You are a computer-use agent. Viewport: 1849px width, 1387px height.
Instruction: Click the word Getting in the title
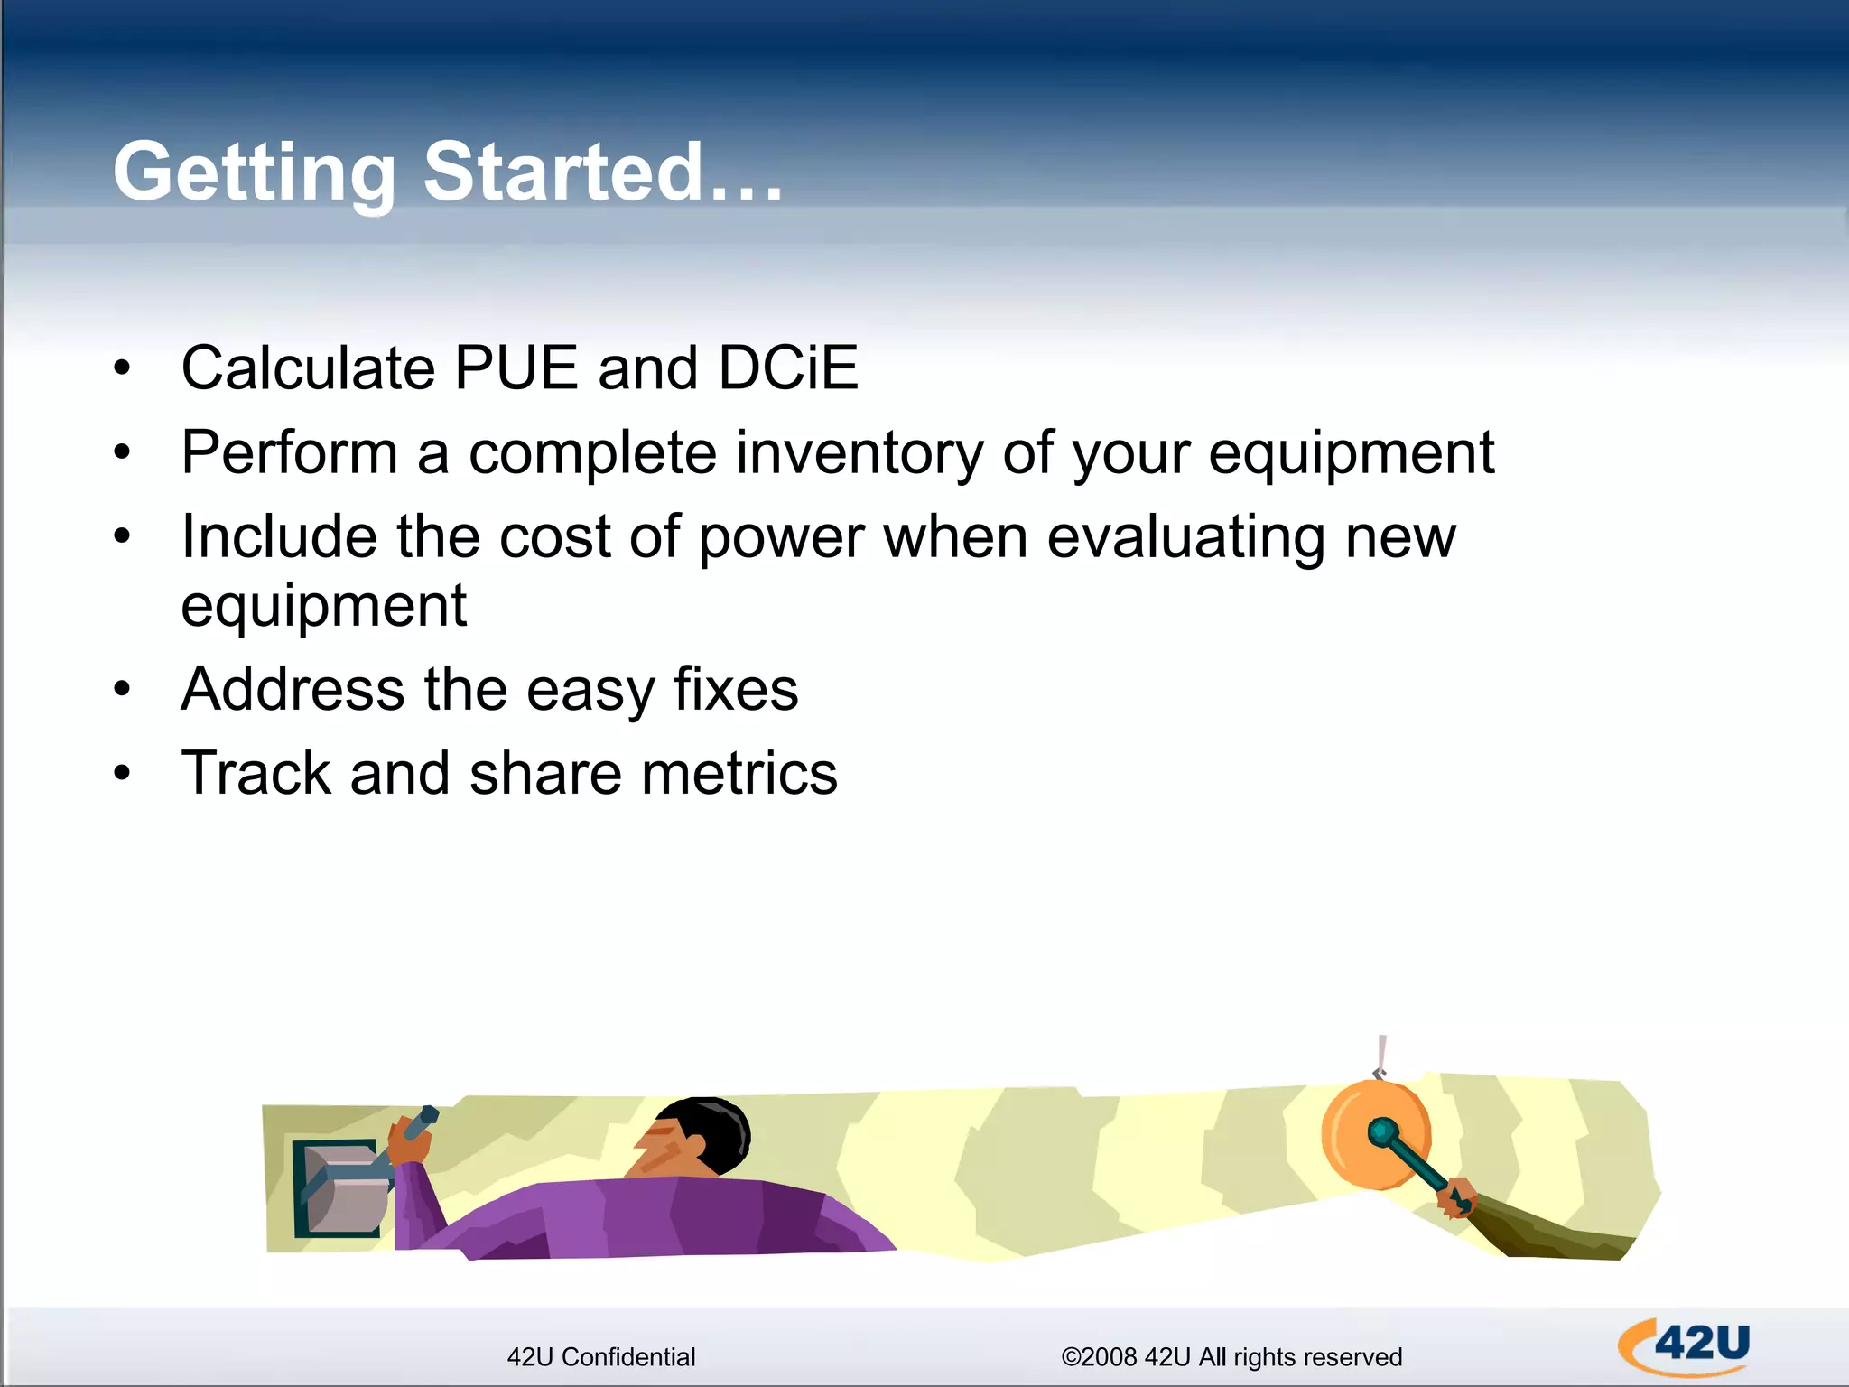(x=255, y=173)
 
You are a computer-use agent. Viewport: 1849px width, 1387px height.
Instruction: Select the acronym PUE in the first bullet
(x=516, y=368)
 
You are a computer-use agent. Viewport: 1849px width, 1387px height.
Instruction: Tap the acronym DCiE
(x=787, y=368)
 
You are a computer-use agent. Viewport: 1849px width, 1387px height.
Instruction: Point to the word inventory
(x=859, y=453)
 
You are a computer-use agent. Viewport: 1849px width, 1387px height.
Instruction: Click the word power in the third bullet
(x=781, y=538)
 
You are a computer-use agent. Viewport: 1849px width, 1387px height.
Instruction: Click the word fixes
(x=736, y=690)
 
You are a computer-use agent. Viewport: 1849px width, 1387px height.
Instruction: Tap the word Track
(x=256, y=774)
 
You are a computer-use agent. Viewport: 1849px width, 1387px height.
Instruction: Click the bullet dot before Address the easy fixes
(x=123, y=690)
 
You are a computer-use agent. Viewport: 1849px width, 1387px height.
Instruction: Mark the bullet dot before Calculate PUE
(x=123, y=368)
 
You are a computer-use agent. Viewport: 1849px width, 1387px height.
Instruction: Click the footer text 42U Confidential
(x=601, y=1357)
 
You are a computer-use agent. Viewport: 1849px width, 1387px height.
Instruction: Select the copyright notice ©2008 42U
(x=1231, y=1357)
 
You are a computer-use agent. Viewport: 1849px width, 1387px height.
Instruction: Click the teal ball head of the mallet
(x=1381, y=1131)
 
